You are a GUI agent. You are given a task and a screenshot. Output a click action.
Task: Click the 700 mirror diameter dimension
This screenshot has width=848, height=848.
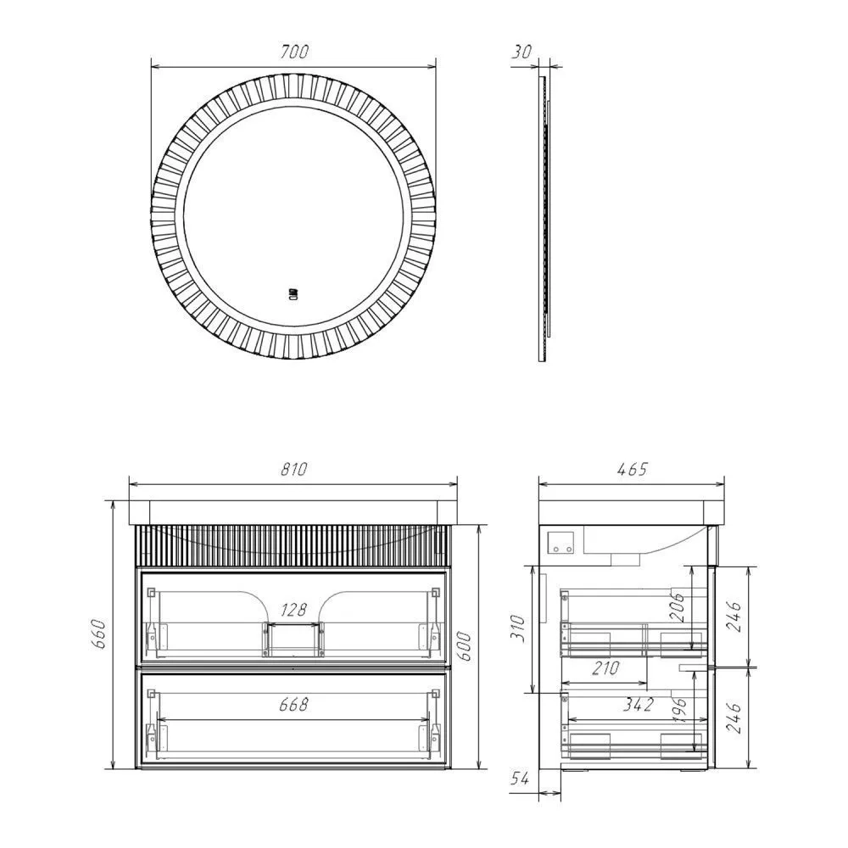(x=294, y=52)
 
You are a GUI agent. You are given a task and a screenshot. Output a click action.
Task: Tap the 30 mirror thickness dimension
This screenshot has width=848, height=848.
(x=522, y=52)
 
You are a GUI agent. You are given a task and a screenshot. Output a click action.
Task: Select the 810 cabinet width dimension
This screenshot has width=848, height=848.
(x=293, y=469)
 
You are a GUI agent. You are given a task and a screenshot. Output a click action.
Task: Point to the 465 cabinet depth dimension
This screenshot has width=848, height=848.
(x=632, y=469)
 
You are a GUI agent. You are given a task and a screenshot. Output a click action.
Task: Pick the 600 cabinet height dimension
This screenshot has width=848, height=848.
(x=465, y=646)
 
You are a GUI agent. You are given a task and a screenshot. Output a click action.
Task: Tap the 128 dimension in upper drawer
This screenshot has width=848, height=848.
(x=293, y=610)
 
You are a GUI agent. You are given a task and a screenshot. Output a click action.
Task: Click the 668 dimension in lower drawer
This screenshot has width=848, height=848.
(x=293, y=704)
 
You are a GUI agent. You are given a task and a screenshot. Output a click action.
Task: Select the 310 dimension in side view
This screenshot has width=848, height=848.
(x=518, y=628)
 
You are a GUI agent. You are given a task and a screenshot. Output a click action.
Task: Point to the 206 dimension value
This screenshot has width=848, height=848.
(x=678, y=607)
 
